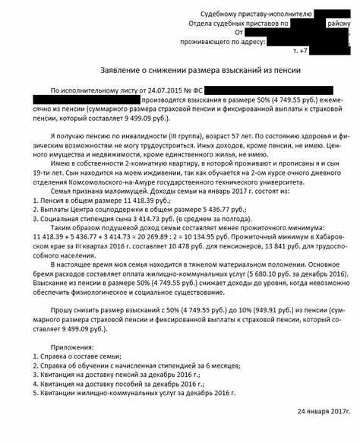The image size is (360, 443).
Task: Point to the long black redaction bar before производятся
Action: pos(86,100)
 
